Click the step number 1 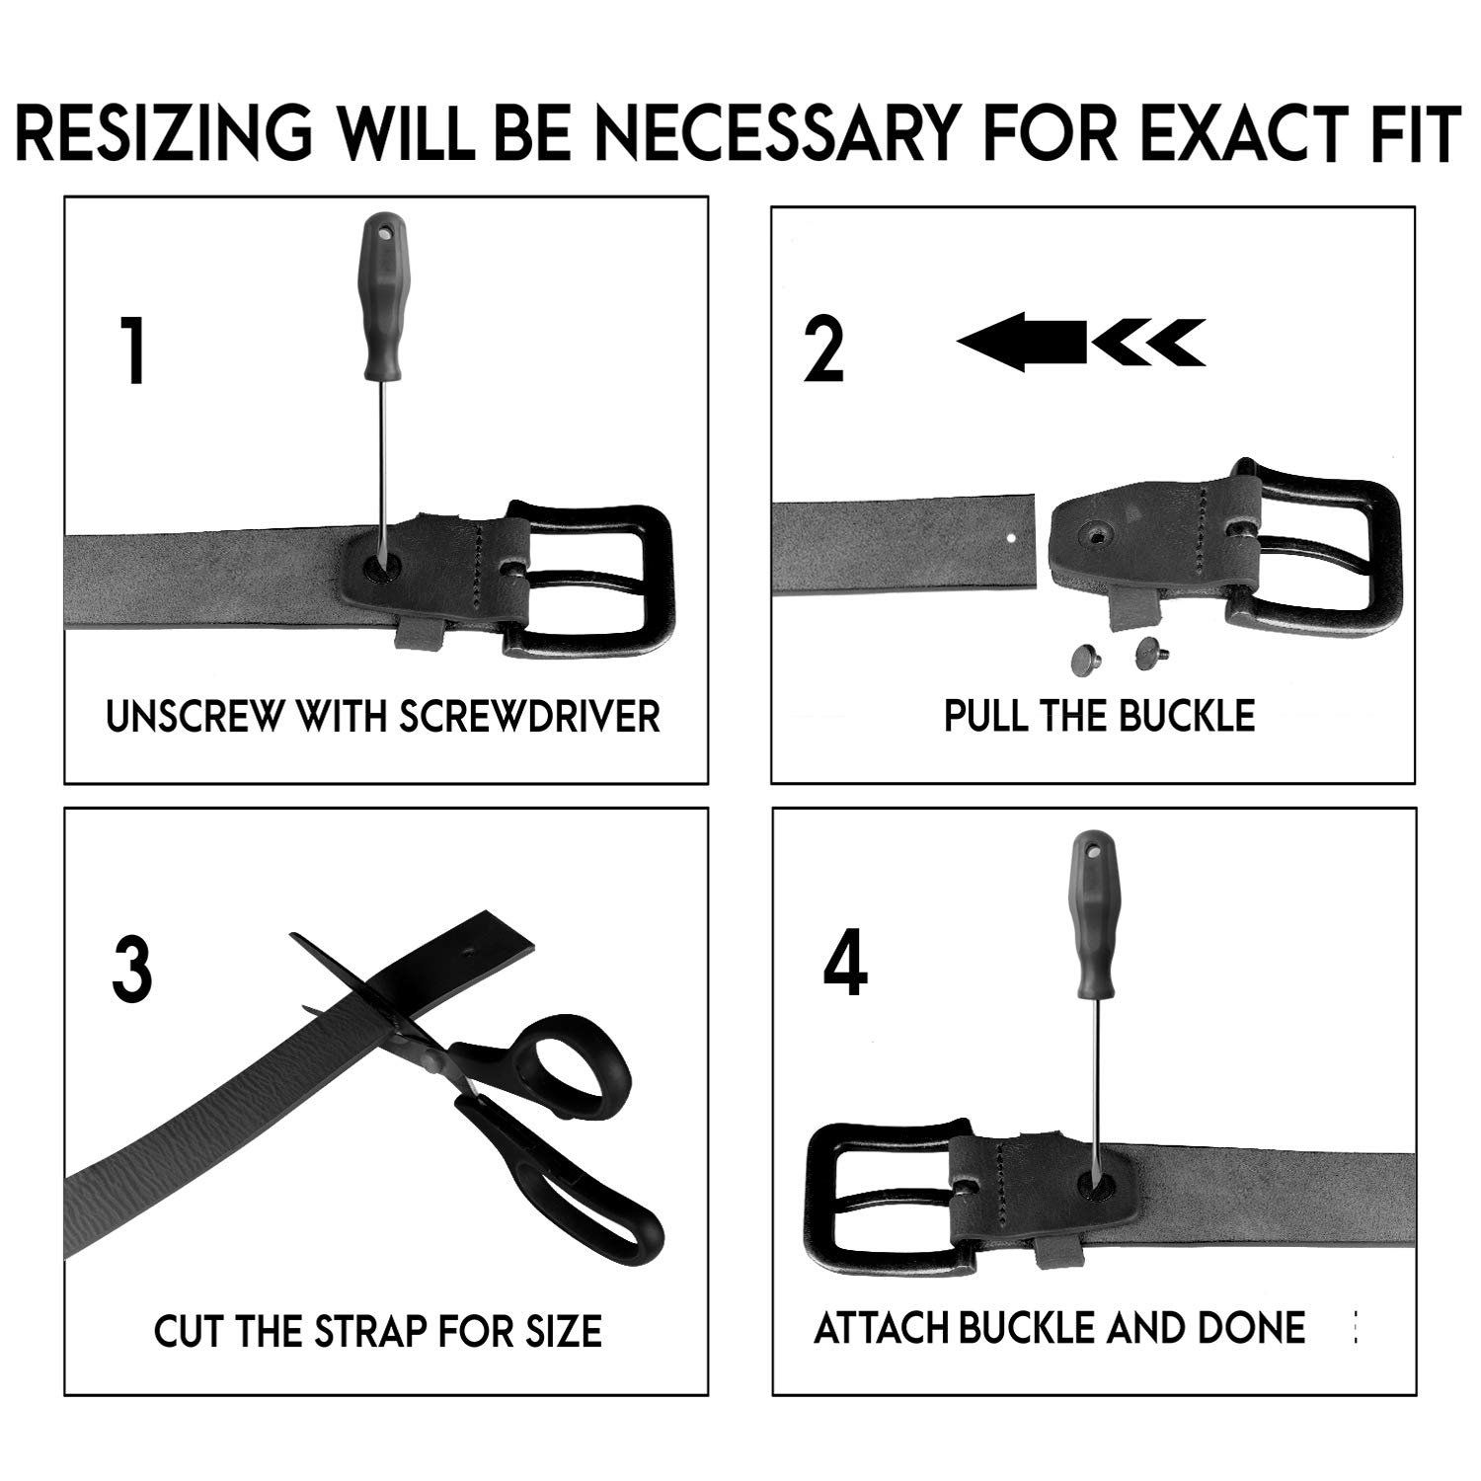coord(134,350)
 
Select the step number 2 coord(823,350)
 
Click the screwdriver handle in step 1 coord(381,296)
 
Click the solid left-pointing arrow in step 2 coord(1022,342)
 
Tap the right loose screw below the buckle coord(1150,650)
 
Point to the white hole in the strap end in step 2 coord(1010,539)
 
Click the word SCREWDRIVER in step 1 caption coord(529,716)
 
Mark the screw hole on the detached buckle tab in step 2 coord(1095,534)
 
